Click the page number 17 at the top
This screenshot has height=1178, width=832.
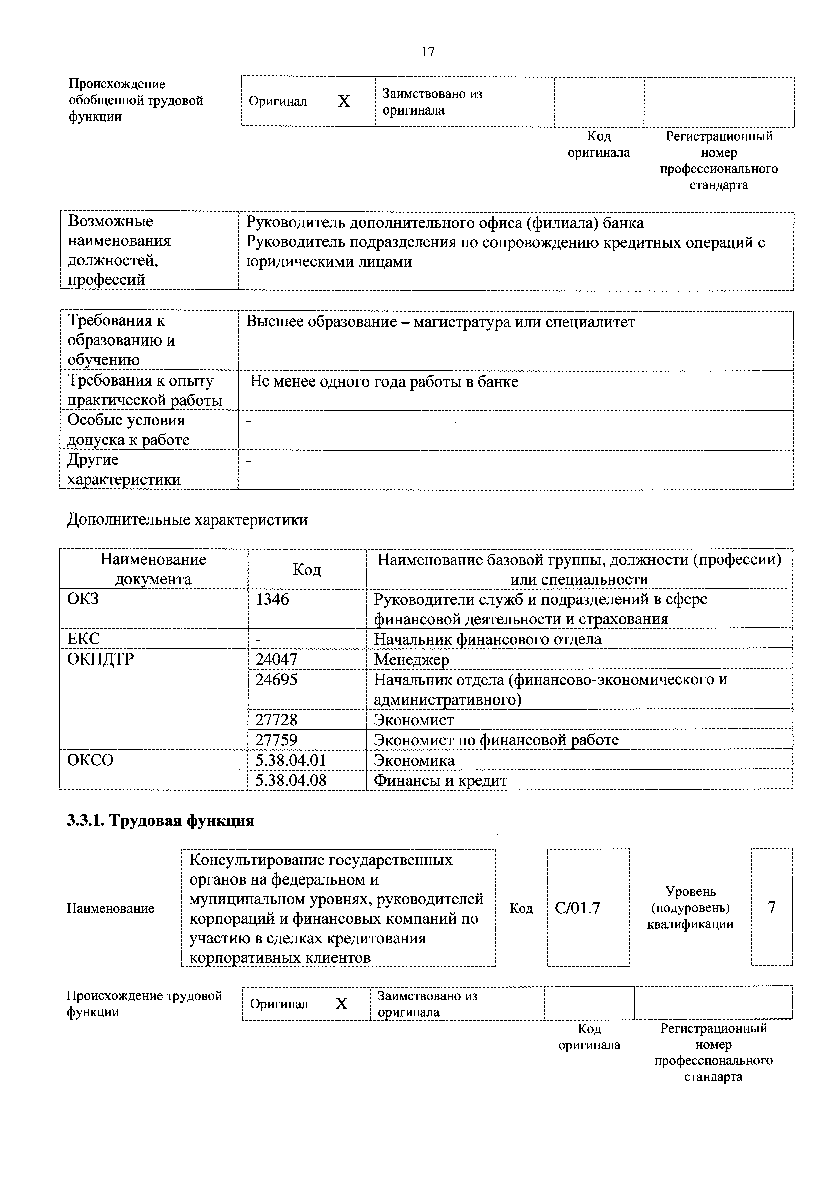pos(428,51)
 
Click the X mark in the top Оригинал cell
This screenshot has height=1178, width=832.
pos(344,102)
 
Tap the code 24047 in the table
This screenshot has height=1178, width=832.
pos(276,659)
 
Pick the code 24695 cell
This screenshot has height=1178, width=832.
pos(276,680)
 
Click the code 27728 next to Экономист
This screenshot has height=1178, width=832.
pos(276,720)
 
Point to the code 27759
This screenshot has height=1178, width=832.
pos(276,740)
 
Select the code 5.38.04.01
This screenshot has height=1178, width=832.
pos(291,760)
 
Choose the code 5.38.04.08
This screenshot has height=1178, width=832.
pos(291,780)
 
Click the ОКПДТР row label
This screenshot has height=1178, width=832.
pos(100,659)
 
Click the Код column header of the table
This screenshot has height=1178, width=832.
pos(307,570)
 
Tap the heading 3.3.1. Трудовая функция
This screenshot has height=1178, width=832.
pos(160,821)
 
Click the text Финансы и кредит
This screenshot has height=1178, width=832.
pos(440,780)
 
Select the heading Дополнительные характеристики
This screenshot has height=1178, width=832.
pos(188,520)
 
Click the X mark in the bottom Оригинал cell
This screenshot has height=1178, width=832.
pos(342,1004)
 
